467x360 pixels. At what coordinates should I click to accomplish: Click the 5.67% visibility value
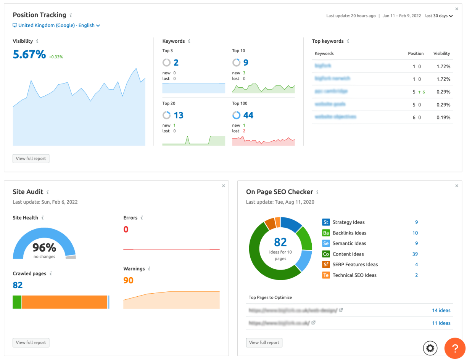tap(29, 55)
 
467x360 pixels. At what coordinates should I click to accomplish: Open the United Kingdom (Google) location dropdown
tap(56, 26)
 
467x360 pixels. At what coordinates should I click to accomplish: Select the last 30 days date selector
tap(439, 16)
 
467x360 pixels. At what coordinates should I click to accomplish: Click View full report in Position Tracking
tap(31, 159)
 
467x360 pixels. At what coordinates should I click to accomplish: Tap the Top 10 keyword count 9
tap(246, 63)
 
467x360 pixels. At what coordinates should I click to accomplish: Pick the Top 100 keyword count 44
tap(248, 115)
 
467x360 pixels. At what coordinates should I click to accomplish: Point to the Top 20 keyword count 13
tap(178, 115)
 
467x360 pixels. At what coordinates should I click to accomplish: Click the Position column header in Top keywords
tap(415, 53)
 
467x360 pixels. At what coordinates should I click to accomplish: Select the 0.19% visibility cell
tap(443, 117)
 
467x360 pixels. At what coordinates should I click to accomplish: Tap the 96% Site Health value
tap(44, 248)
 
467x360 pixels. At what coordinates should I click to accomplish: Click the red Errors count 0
tap(126, 230)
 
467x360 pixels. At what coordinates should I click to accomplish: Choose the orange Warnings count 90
tap(128, 281)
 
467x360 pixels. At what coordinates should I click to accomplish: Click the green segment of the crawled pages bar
tap(17, 302)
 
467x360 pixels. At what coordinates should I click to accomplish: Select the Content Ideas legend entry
tap(348, 254)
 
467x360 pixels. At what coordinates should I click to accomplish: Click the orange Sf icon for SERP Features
tap(326, 264)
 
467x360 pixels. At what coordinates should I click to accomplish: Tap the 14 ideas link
tap(441, 310)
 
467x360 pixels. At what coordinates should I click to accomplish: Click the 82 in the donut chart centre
tap(280, 242)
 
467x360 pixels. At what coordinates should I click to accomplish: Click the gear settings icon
tap(430, 348)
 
